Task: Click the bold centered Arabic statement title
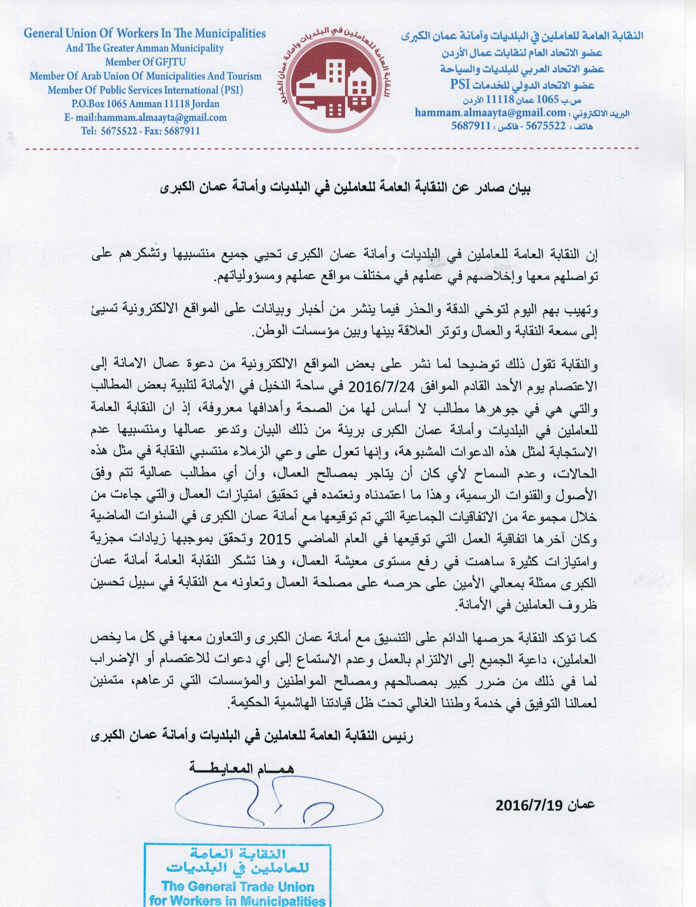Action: click(346, 188)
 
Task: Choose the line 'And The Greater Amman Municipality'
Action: click(145, 48)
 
